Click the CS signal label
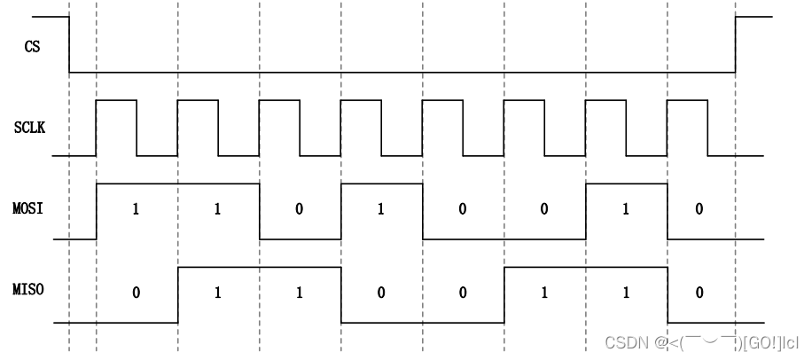pyautogui.click(x=32, y=46)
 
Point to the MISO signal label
pyautogui.click(x=29, y=291)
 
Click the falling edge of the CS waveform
pyautogui.click(x=70, y=44)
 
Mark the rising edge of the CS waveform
pyautogui.click(x=735, y=44)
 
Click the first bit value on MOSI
pyautogui.click(x=136, y=211)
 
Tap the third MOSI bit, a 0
pyautogui.click(x=299, y=211)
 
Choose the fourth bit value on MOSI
pyautogui.click(x=380, y=211)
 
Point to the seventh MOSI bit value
pyautogui.click(x=625, y=211)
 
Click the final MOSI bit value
pyautogui.click(x=699, y=211)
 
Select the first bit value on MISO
pyautogui.click(x=136, y=293)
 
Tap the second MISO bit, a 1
pyautogui.click(x=217, y=293)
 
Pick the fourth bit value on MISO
pyautogui.click(x=380, y=293)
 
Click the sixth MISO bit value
pyautogui.click(x=543, y=293)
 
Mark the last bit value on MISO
pyautogui.click(x=699, y=293)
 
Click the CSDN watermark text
pyautogui.click(x=700, y=342)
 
